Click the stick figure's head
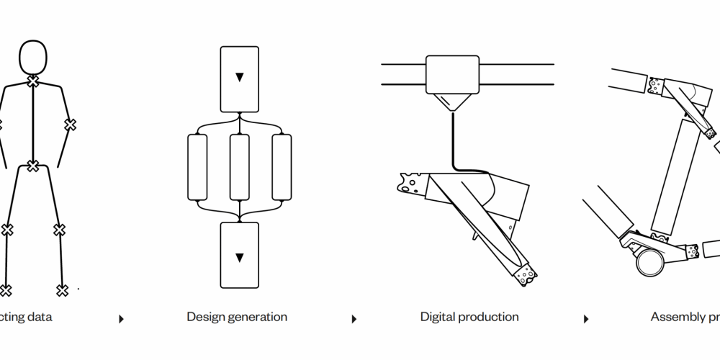[33, 57]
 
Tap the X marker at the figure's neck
[33, 82]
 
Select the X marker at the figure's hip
[33, 166]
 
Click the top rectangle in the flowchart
[239, 78]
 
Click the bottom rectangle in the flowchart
[239, 255]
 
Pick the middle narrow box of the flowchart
[239, 166]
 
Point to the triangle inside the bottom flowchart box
[239, 257]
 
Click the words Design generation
[237, 317]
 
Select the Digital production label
[469, 317]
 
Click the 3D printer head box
[452, 74]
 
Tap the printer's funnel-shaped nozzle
[452, 102]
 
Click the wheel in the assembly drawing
[649, 263]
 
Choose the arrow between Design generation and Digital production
[354, 319]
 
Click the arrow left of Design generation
[121, 319]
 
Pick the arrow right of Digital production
[586, 319]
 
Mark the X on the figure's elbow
[70, 125]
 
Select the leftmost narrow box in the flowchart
[197, 166]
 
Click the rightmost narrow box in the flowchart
[282, 166]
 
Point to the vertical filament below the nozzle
[453, 140]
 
